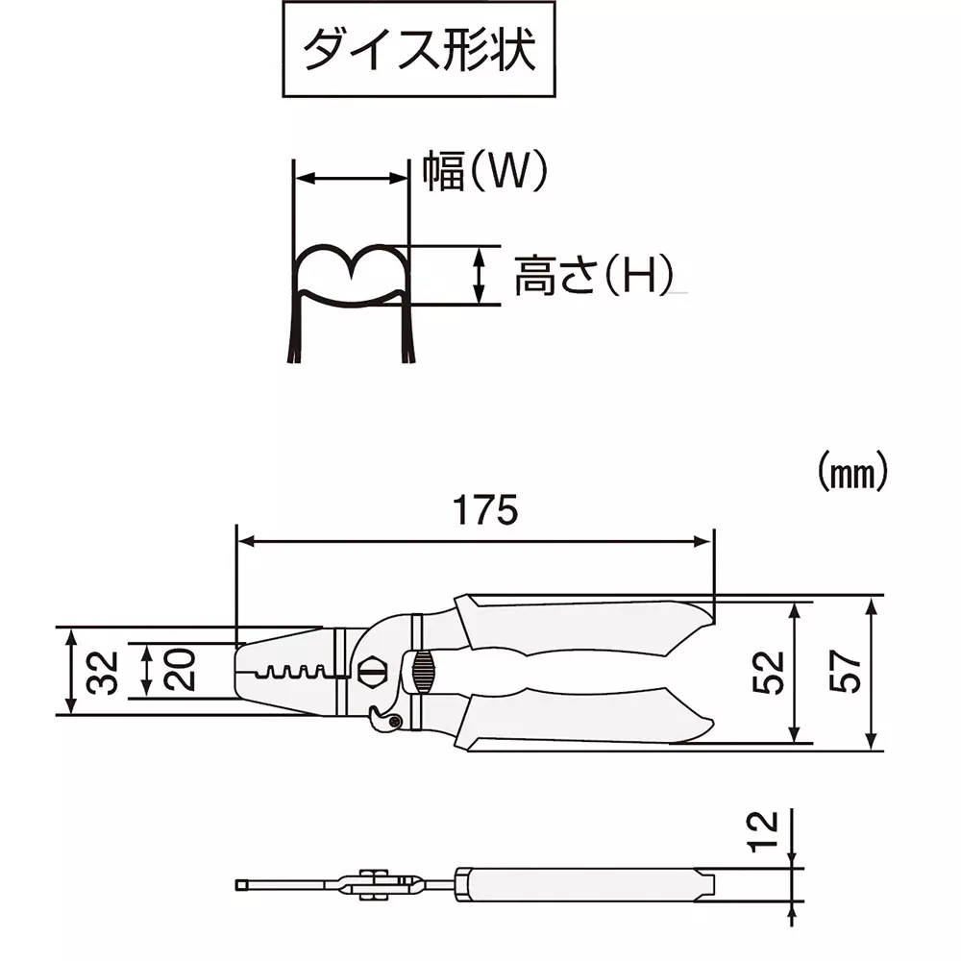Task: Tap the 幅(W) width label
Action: pyautogui.click(x=484, y=172)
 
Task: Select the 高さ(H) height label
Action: pyautogui.click(x=591, y=276)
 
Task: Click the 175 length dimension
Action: pyautogui.click(x=485, y=510)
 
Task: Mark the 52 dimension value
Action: pyautogui.click(x=769, y=672)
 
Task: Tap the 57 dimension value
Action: pyautogui.click(x=845, y=672)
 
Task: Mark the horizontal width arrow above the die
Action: pyautogui.click(x=351, y=178)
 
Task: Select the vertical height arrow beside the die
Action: pyautogui.click(x=479, y=275)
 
